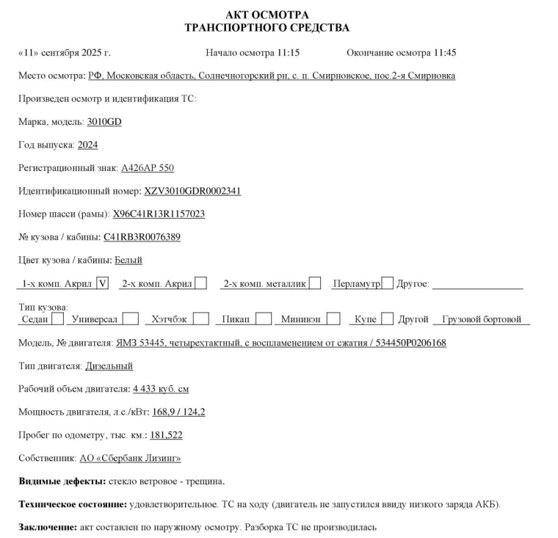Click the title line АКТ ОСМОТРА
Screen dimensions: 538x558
pos(267,15)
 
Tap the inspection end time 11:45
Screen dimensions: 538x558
pos(445,53)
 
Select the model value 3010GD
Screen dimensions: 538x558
pos(104,122)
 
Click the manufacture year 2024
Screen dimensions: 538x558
pos(87,145)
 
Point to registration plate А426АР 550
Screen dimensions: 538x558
pos(148,168)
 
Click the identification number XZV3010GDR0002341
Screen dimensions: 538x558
pos(192,192)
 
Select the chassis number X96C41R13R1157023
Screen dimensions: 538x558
pos(159,214)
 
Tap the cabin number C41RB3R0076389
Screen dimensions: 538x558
pos(142,237)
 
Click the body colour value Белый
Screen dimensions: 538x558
pos(128,260)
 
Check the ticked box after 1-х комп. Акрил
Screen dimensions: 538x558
pos(103,283)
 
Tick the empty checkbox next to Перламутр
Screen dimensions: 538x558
pos(388,283)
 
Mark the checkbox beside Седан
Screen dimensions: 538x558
pos(58,319)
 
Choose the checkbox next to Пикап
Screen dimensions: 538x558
pos(262,319)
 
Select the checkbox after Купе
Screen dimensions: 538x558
pos(387,319)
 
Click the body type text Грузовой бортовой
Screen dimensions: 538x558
pos(482,319)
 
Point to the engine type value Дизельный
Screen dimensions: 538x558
pos(109,366)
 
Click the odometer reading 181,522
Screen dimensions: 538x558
pos(166,435)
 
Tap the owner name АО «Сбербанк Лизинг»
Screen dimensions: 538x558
pos(130,458)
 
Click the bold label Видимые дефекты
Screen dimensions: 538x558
pos(60,481)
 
